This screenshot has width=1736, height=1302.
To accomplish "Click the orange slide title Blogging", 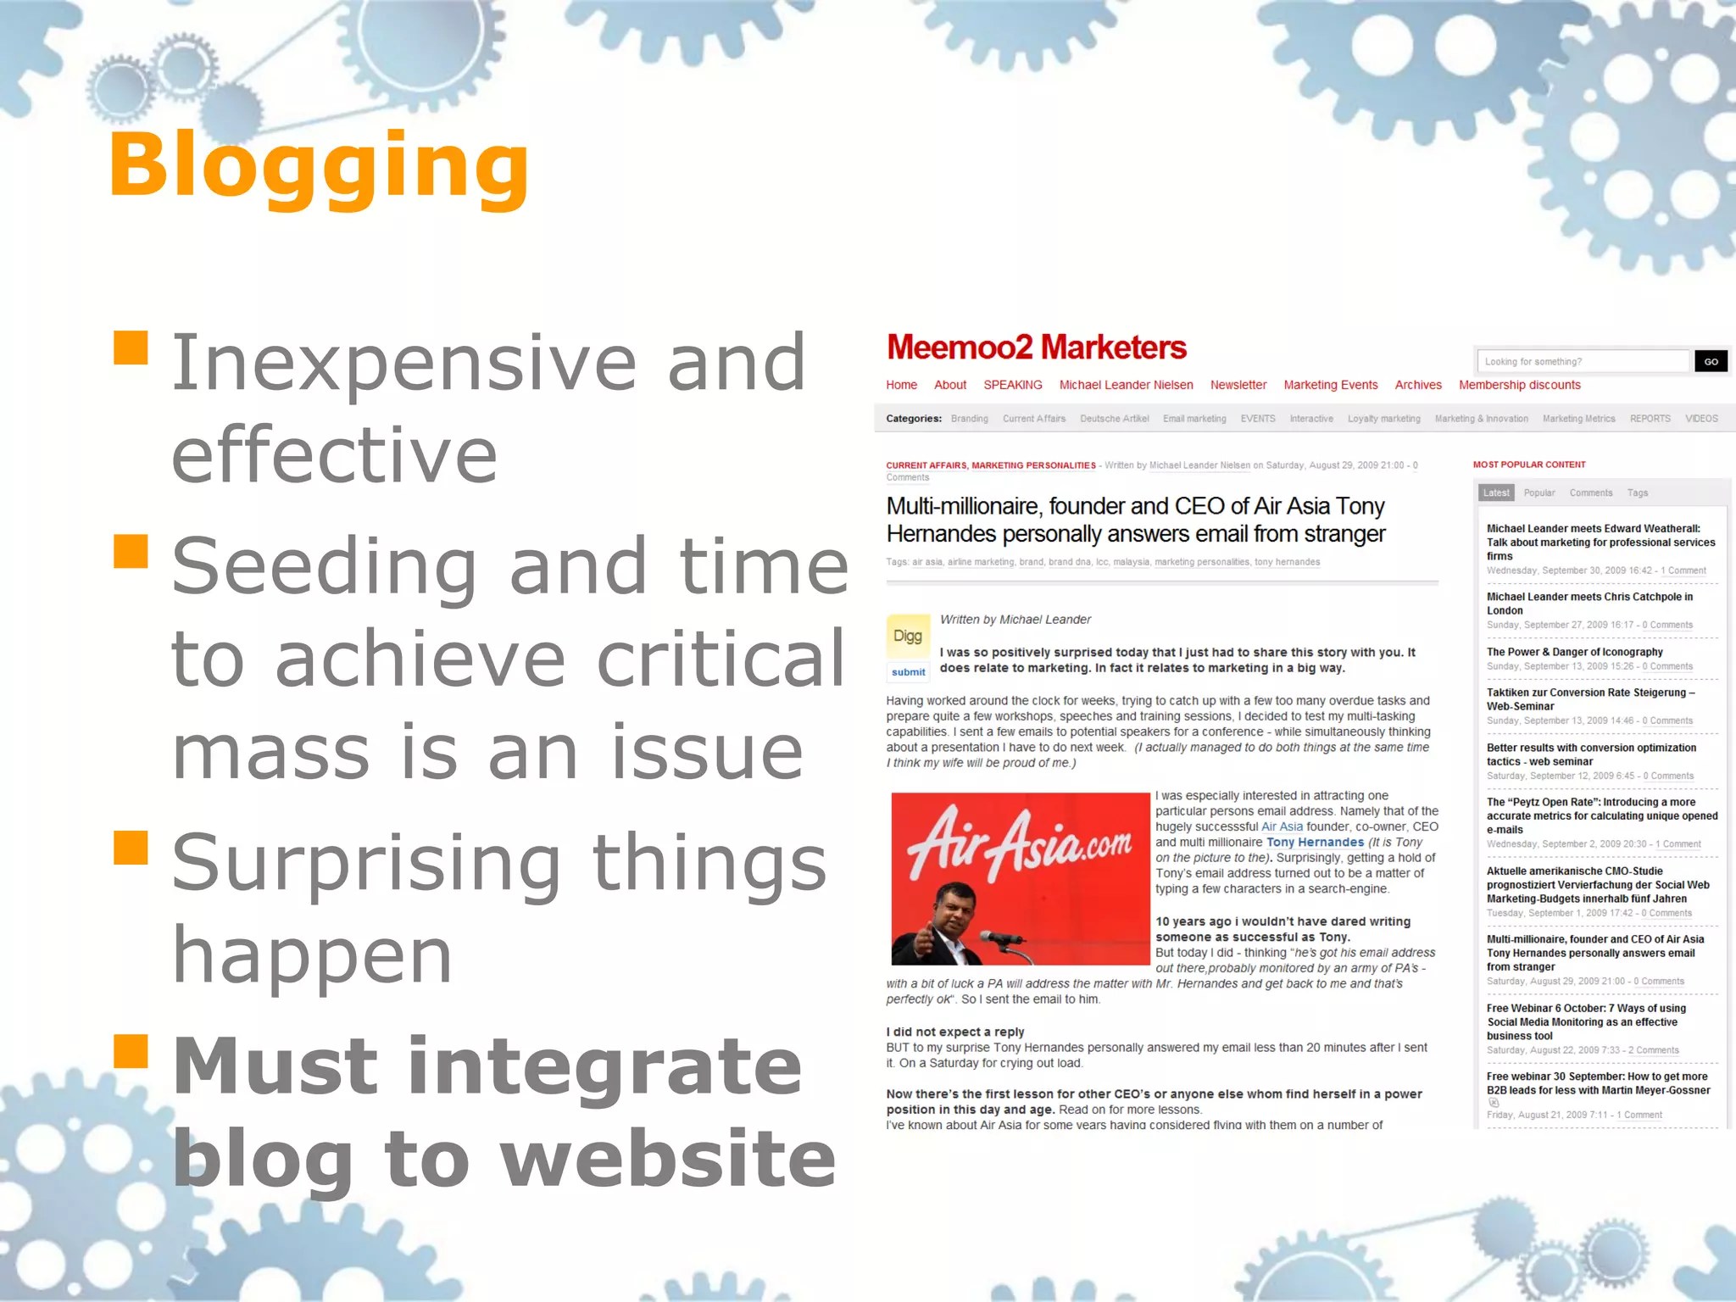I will [x=318, y=167].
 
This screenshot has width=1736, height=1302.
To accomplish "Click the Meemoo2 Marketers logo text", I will [x=1036, y=348].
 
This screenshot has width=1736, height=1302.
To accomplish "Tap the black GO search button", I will [x=1711, y=362].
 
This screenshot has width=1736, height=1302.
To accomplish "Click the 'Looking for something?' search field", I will [x=1582, y=362].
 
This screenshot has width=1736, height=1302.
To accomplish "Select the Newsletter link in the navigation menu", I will [x=1238, y=385].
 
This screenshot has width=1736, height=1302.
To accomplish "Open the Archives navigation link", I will [x=1417, y=385].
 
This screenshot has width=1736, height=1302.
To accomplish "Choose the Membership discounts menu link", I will [x=1519, y=385].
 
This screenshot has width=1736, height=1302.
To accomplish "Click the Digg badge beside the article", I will [x=907, y=637].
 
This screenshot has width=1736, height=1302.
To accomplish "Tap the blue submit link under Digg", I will [x=908, y=672].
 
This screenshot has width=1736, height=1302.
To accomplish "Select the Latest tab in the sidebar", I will [x=1495, y=492].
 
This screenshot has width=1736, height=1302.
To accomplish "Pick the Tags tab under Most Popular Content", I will [x=1637, y=492].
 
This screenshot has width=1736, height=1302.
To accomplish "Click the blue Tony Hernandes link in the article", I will [x=1315, y=843].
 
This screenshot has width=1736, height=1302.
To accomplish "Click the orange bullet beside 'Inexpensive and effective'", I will [x=131, y=348].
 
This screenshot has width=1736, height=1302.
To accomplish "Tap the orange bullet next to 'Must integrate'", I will [x=131, y=1051].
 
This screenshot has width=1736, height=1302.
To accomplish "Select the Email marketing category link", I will [x=1194, y=419].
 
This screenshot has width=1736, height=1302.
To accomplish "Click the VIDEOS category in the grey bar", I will [x=1700, y=419].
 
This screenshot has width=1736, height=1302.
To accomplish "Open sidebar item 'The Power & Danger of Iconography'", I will [x=1574, y=652].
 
